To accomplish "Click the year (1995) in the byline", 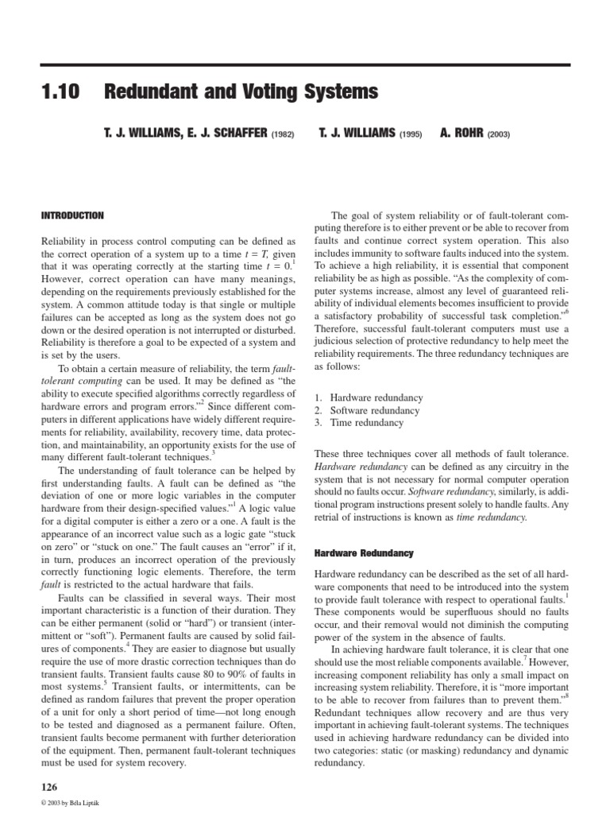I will [411, 135].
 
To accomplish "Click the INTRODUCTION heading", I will [71, 215].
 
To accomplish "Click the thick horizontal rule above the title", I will [305, 64].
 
